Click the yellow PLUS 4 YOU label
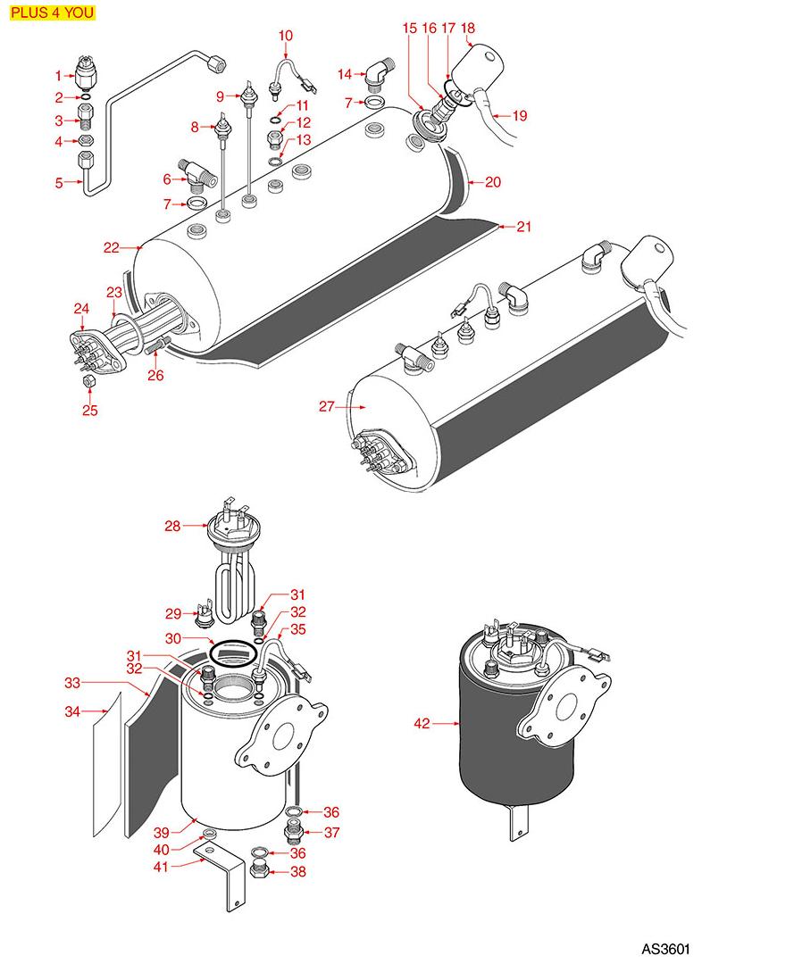click(52, 13)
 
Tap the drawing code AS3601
click(665, 947)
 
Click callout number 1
click(58, 77)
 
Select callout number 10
click(285, 36)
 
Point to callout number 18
click(469, 29)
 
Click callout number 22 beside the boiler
click(111, 248)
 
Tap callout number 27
click(327, 407)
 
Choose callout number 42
click(423, 724)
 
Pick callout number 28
click(172, 526)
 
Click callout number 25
click(90, 411)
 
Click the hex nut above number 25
click(89, 383)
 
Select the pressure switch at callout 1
click(88, 76)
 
